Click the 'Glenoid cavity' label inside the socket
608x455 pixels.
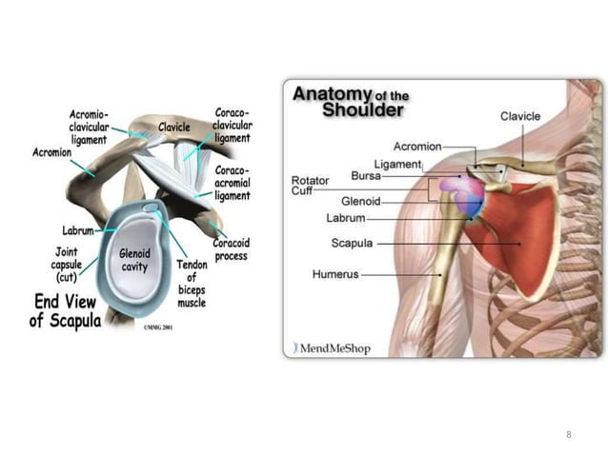[x=135, y=260]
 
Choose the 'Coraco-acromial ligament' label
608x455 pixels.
[x=233, y=184]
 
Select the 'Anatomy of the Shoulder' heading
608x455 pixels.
[x=348, y=101]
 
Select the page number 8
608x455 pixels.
[x=568, y=435]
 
